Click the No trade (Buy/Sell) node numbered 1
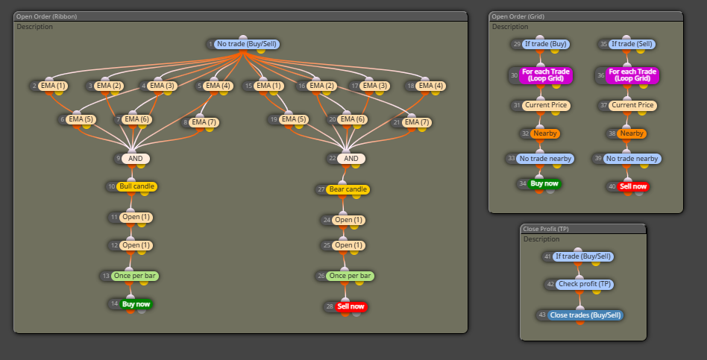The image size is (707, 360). coord(247,44)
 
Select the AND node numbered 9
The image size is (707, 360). coord(135,159)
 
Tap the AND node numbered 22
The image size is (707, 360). coord(351,159)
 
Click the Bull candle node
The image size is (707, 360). coord(136,186)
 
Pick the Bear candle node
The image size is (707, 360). coord(348,189)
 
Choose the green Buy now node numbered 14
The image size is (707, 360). coord(136,304)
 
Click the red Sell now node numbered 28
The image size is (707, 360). coord(351,307)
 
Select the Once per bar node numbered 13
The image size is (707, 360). coord(135,276)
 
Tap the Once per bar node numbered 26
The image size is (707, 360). coord(350,276)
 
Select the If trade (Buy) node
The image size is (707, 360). coord(546,44)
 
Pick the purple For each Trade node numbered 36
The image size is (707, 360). coord(633,75)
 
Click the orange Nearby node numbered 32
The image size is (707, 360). coord(545,133)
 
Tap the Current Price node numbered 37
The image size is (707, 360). coord(632,105)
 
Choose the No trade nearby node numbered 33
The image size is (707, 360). coord(545,159)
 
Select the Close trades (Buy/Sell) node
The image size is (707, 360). coord(585,315)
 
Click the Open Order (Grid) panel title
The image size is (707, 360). coord(518,16)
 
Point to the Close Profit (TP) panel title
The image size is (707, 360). coord(546,229)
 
